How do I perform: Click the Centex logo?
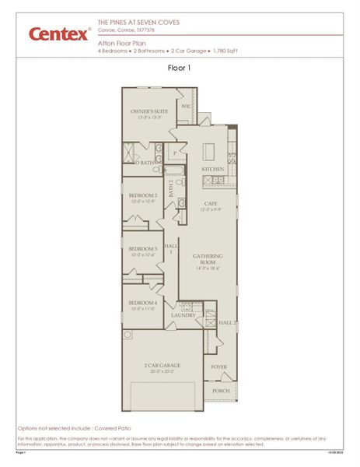click(59, 33)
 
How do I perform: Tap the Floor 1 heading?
click(179, 68)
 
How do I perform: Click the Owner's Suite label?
click(149, 112)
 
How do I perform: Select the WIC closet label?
click(187, 104)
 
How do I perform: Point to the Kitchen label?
click(212, 169)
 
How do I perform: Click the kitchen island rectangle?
click(209, 151)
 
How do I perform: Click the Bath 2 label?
click(171, 188)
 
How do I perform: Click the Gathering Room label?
click(208, 259)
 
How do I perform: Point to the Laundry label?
click(183, 315)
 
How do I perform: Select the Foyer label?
click(219, 366)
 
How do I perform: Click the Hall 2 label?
click(226, 321)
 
